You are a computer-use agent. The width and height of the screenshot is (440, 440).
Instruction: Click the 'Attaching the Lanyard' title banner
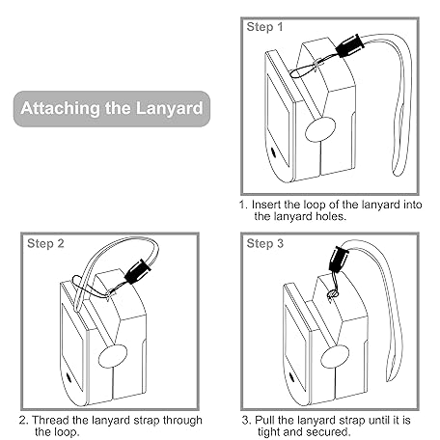click(112, 109)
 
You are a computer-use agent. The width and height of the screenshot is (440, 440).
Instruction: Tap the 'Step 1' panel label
click(264, 27)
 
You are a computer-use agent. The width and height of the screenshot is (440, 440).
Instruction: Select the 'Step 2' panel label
click(45, 243)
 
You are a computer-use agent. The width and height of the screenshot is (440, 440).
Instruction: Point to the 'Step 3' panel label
click(265, 243)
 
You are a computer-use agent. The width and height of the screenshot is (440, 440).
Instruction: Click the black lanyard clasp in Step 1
click(350, 46)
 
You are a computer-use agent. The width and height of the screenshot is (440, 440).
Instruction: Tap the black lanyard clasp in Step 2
click(137, 271)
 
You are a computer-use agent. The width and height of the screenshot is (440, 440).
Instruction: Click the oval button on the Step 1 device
click(320, 129)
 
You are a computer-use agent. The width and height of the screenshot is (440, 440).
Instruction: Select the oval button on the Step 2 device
click(113, 356)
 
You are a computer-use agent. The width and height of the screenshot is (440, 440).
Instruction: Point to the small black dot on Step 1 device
click(274, 151)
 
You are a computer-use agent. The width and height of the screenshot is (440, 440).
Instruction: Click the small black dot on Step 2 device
click(69, 377)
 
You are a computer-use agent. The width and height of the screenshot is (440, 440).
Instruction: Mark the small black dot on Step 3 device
click(291, 377)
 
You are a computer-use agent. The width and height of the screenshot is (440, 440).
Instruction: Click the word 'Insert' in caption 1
click(266, 205)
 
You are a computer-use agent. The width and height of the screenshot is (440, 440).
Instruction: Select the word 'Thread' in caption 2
click(48, 420)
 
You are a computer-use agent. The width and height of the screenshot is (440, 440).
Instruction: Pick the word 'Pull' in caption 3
click(264, 420)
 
